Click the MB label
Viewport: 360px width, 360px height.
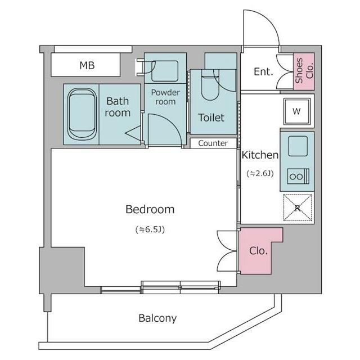[x=87, y=65]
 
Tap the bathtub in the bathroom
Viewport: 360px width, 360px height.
[x=82, y=114]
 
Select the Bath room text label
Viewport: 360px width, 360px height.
[x=118, y=107]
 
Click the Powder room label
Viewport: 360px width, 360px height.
[x=165, y=97]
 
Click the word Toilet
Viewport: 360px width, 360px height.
[x=211, y=118]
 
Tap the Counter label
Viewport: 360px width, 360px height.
[x=213, y=143]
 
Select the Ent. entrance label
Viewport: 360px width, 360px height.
[x=263, y=71]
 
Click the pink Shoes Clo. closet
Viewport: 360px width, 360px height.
[x=304, y=71]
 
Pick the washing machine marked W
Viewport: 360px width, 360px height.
[x=297, y=111]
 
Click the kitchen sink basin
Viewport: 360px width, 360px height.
[x=298, y=146]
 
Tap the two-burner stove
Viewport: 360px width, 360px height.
[x=298, y=176]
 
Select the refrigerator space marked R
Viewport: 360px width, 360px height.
[x=298, y=208]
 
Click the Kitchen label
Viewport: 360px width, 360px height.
[x=260, y=155]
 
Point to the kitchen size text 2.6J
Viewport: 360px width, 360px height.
[x=260, y=173]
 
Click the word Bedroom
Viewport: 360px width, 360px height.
[x=150, y=209]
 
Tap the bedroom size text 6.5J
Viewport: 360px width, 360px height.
[x=150, y=229]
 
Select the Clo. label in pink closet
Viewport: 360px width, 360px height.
[x=259, y=251]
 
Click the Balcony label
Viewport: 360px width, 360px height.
[x=157, y=318]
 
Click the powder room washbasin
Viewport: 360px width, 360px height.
[x=165, y=71]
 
